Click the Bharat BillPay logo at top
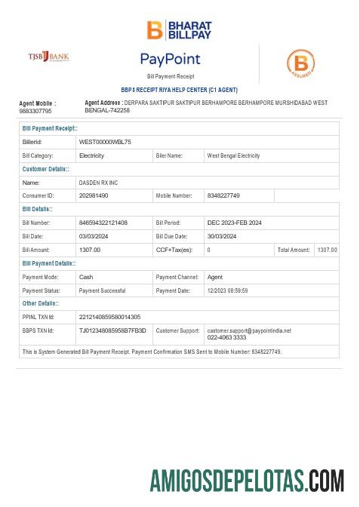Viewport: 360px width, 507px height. coord(179,30)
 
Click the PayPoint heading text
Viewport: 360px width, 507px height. coord(170,59)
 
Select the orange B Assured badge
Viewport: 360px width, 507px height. coord(300,64)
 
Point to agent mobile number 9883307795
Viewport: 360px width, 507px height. coord(35,111)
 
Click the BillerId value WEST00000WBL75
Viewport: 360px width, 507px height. coord(105,142)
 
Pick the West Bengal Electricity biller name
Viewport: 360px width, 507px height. coord(233,155)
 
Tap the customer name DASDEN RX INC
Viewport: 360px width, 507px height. coord(98,183)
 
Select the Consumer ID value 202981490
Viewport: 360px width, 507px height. coord(94,195)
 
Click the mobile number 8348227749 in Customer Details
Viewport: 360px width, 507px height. coord(223,195)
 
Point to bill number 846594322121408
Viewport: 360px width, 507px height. coord(103,223)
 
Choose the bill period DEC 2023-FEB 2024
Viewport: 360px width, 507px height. coord(234,223)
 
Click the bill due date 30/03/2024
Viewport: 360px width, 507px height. coord(222,236)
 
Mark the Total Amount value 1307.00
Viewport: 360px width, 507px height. coord(327,250)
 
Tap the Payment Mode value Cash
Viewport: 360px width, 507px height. coord(86,277)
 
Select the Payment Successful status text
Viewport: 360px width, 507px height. coord(102,290)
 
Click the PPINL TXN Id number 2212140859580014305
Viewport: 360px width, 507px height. coord(109,317)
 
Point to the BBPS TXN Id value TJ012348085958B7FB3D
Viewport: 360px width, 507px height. coord(112,330)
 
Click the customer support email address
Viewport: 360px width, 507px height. coord(249,330)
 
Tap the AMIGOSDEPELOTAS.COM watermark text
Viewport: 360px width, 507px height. coord(247,481)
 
